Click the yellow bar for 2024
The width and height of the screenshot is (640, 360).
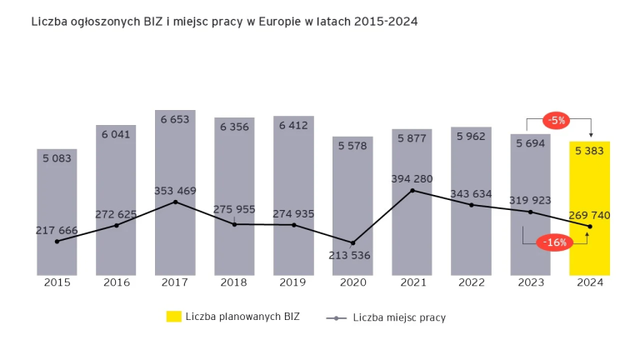pyautogui.click(x=590, y=208)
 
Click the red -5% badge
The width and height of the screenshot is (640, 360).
pyautogui.click(x=556, y=120)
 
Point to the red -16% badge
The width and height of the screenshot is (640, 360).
pyautogui.click(x=554, y=242)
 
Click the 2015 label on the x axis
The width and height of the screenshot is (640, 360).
pyautogui.click(x=57, y=283)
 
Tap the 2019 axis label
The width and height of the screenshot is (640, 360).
pyautogui.click(x=293, y=283)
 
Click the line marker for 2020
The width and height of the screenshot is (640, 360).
pyautogui.click(x=352, y=242)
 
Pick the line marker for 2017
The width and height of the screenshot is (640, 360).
pyautogui.click(x=175, y=202)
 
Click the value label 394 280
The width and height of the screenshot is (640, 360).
pyautogui.click(x=412, y=178)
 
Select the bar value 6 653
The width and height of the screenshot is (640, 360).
pyautogui.click(x=175, y=119)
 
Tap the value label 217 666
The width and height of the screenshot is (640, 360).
pyautogui.click(x=57, y=230)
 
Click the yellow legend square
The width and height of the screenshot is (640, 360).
pyautogui.click(x=172, y=317)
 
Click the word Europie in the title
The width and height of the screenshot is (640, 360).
pyautogui.click(x=262, y=20)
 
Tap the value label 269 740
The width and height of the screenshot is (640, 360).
pyautogui.click(x=590, y=215)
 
